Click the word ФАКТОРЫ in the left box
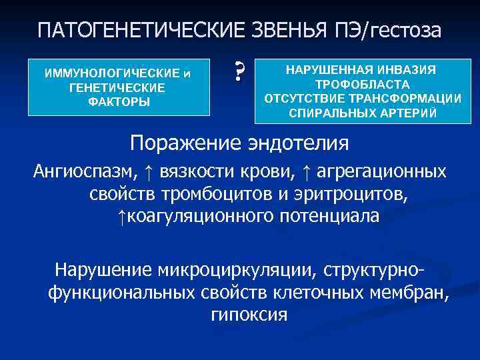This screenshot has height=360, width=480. click(117, 102)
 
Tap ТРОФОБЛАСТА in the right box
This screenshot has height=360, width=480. click(363, 84)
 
